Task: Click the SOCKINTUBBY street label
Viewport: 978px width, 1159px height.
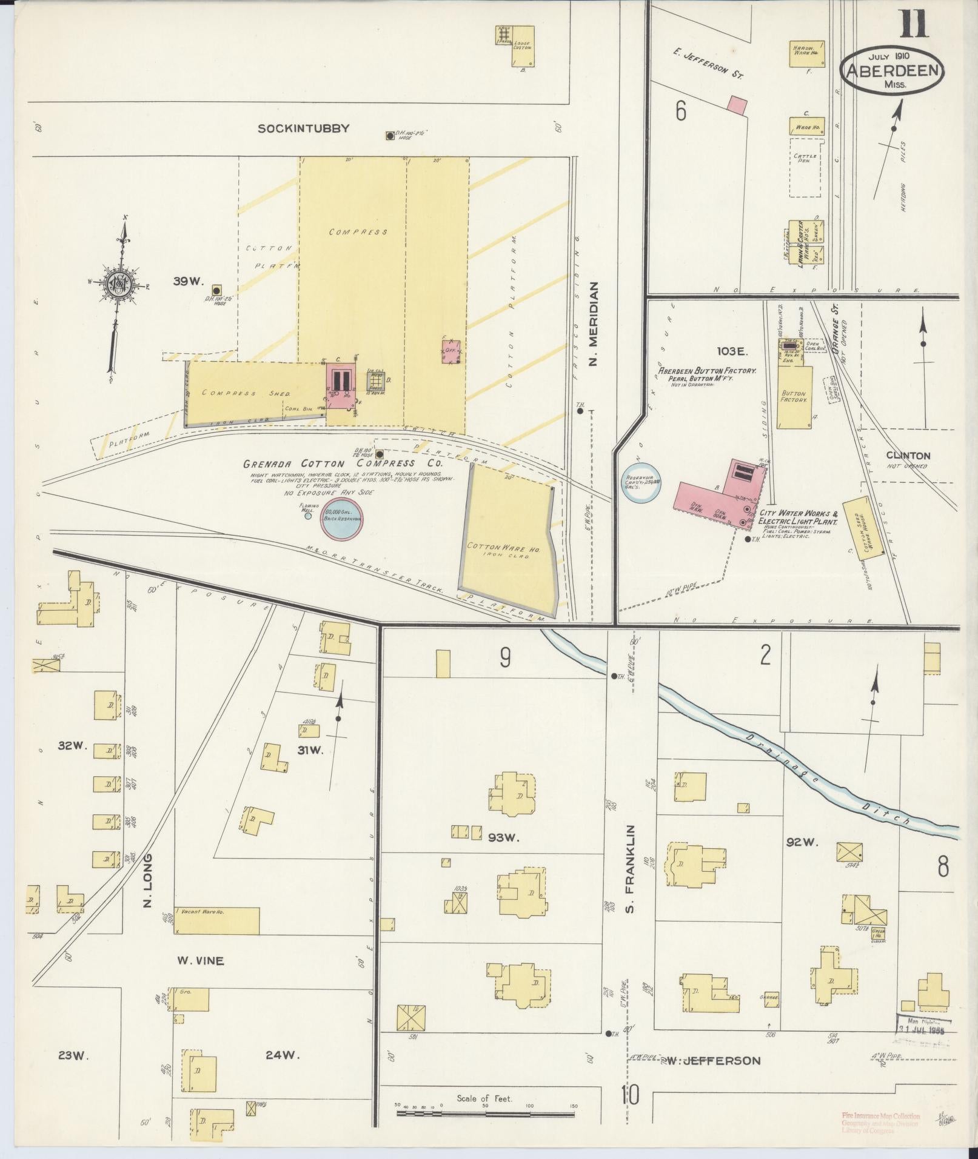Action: pos(303,128)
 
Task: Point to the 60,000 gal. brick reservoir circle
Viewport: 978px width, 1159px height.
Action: pos(343,519)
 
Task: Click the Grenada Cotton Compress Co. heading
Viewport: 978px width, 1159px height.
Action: pos(343,463)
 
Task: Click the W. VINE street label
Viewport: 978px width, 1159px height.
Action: pos(200,961)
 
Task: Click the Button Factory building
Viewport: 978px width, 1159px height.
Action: pos(794,397)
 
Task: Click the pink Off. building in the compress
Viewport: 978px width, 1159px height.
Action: pos(451,351)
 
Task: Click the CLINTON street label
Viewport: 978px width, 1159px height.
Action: pos(908,456)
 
